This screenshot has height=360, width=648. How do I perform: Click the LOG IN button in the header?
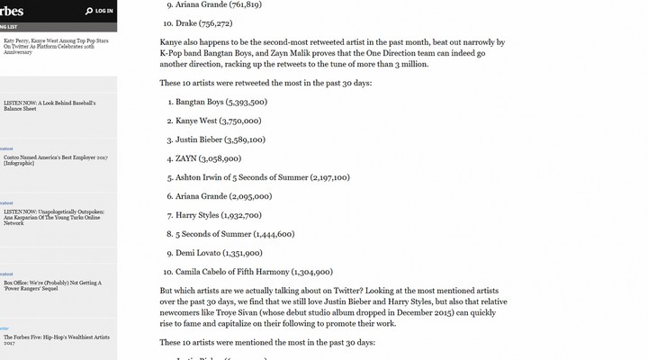pyautogui.click(x=103, y=11)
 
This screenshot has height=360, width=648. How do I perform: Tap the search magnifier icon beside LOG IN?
pyautogui.click(x=88, y=11)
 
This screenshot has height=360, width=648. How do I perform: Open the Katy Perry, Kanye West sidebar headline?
pyautogui.click(x=54, y=45)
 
